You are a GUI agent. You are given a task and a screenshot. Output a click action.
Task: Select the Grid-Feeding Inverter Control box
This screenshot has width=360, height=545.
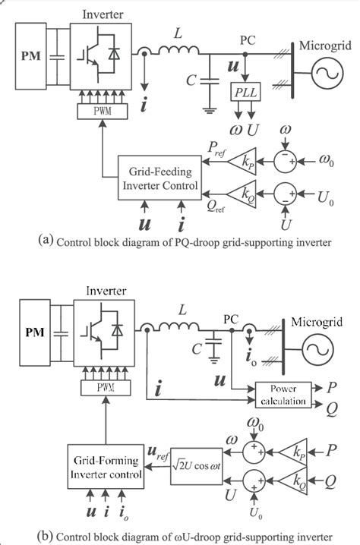coord(159,178)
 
